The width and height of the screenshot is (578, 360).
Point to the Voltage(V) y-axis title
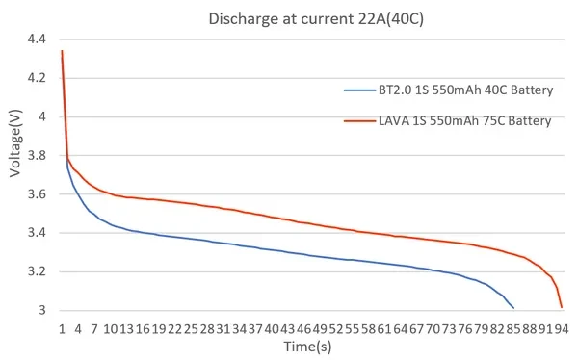coord(16,144)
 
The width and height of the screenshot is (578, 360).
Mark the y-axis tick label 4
coord(41,116)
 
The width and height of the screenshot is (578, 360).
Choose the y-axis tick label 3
coord(41,310)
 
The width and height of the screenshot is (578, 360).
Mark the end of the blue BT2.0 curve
coord(513,308)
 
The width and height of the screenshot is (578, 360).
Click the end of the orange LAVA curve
coord(562,308)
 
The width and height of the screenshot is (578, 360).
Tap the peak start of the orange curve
coord(62,51)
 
